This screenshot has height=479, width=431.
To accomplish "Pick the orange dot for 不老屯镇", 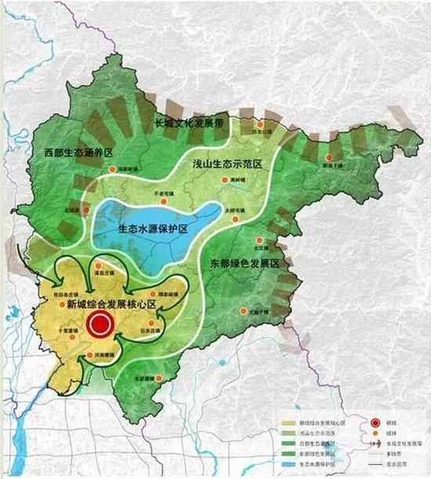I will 162,193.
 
